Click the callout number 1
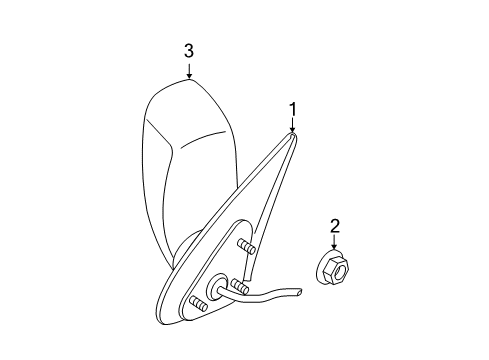[293, 107]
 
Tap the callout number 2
[336, 227]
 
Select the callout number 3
[188, 50]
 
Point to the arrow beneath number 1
[293, 125]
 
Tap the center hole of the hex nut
[338, 268]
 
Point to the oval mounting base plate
[215, 280]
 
